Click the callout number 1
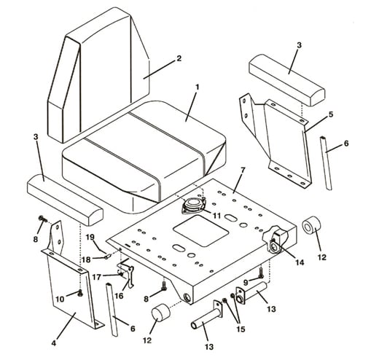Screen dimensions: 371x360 [198, 87]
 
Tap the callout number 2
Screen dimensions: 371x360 [179, 58]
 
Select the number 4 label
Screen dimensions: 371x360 [54, 343]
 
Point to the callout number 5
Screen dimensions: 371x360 [331, 114]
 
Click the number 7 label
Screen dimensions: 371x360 [242, 169]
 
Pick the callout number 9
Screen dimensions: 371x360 [246, 282]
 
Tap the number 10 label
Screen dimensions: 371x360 [60, 299]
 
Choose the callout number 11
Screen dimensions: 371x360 [216, 216]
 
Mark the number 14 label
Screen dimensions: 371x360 [300, 262]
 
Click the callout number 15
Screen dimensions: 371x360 [241, 329]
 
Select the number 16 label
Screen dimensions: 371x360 [119, 296]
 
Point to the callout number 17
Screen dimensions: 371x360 [97, 277]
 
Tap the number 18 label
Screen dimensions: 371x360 [86, 259]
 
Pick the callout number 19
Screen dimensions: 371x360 [90, 237]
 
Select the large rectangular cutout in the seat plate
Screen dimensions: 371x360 [200, 231]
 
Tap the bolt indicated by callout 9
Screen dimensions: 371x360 [261, 273]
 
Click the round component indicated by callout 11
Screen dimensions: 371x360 [194, 206]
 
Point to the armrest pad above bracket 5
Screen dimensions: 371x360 [287, 79]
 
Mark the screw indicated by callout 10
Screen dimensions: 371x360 [79, 293]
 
